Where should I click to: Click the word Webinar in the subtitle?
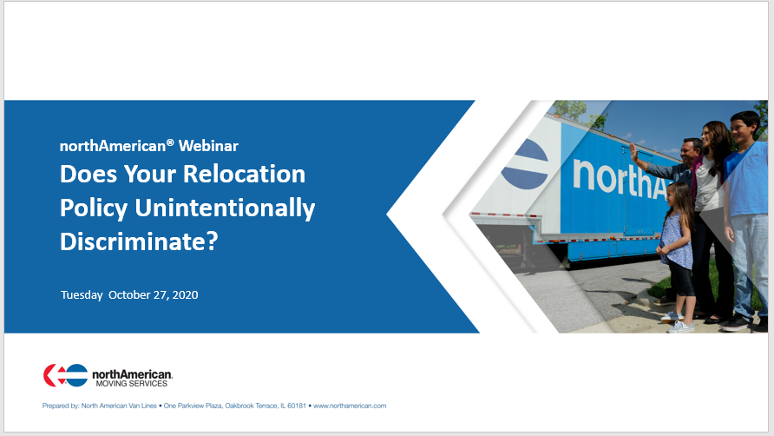tap(208, 146)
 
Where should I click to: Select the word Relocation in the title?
tap(245, 174)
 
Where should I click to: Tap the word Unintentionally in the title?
tap(225, 208)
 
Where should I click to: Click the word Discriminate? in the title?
tap(139, 241)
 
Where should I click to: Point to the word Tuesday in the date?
tap(82, 295)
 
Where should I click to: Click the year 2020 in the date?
tap(185, 295)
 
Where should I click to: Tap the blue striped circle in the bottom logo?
tap(76, 375)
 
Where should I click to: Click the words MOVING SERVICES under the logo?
tap(132, 384)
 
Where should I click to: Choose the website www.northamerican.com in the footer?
tap(350, 406)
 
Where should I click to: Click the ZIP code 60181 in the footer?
tap(297, 406)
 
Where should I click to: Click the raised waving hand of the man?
tap(633, 152)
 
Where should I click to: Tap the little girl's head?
tap(679, 195)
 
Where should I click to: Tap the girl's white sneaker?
tap(680, 327)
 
